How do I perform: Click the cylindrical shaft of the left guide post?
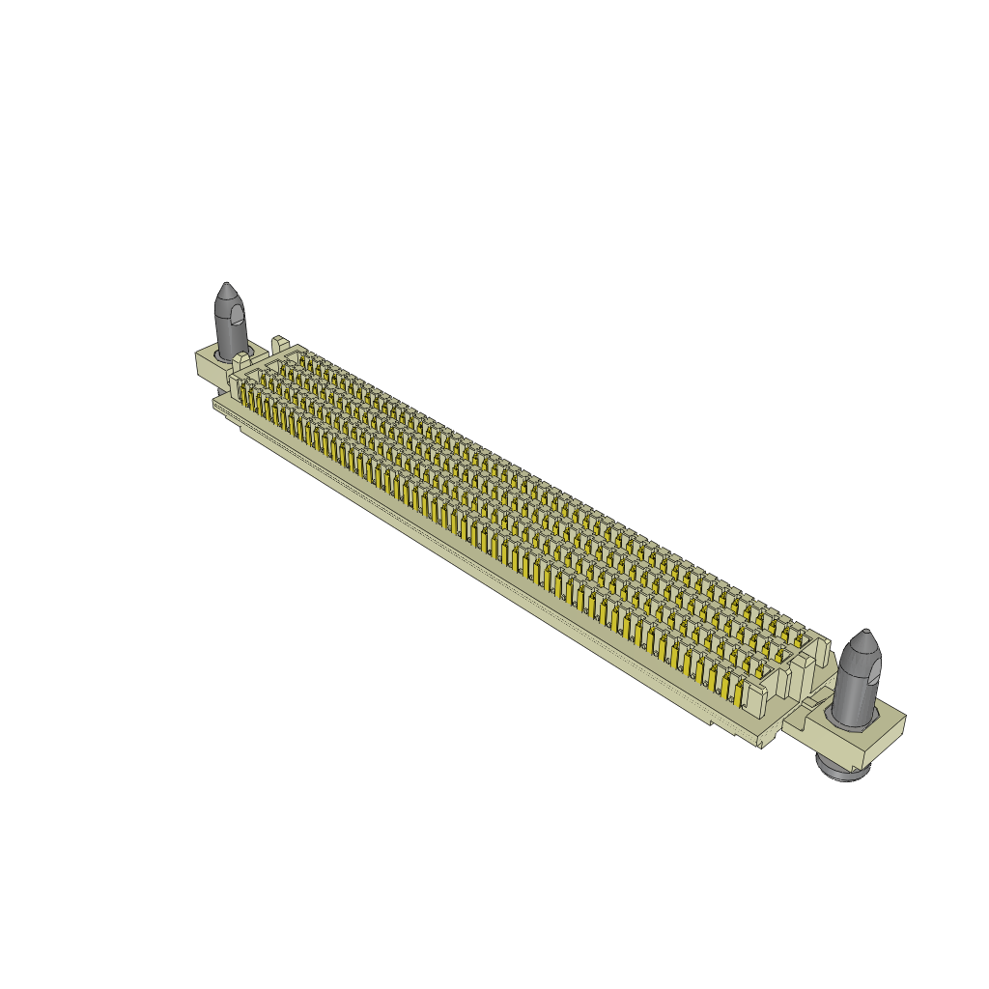coord(229,333)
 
